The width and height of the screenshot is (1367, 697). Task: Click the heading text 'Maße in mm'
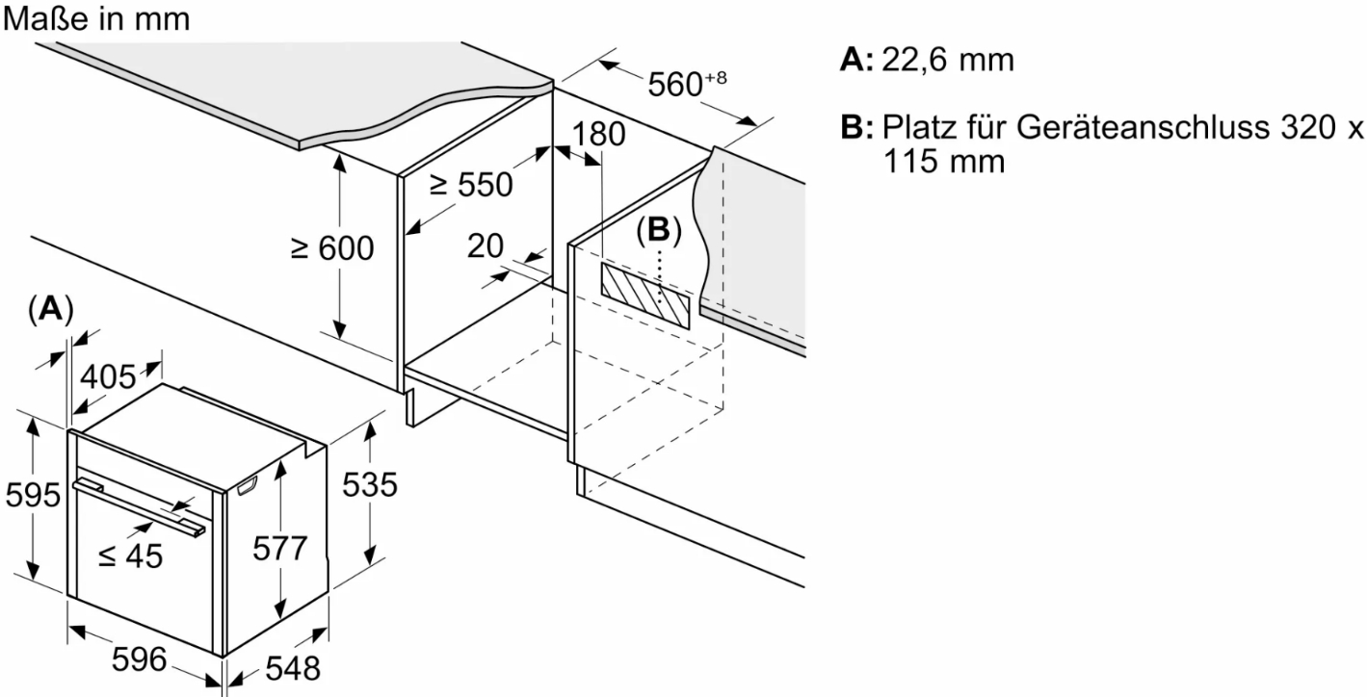click(96, 18)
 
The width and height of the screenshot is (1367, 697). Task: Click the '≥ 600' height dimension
click(332, 248)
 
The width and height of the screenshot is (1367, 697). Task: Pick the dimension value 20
click(485, 246)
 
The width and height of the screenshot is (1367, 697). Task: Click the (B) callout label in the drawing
click(659, 229)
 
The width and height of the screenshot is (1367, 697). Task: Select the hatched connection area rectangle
click(644, 294)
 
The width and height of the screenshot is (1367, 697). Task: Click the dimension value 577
click(278, 548)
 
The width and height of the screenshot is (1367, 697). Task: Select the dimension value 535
click(369, 485)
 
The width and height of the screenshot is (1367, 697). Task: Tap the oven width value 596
click(140, 659)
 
